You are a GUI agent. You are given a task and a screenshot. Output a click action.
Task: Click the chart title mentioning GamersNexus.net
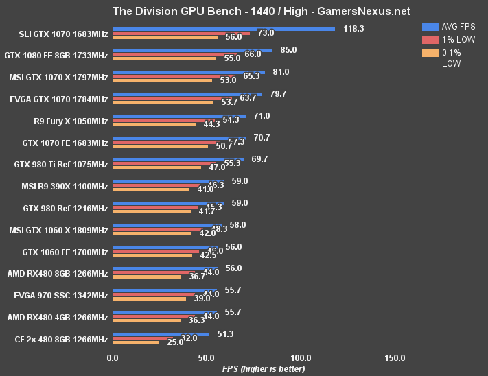click(x=244, y=10)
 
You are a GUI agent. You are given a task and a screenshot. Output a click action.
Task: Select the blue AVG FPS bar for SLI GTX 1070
click(x=223, y=29)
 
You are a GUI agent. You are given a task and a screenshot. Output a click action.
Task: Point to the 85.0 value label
click(x=289, y=50)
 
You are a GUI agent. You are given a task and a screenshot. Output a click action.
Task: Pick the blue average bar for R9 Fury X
click(x=178, y=116)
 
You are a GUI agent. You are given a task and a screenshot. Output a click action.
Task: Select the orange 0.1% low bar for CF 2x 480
click(x=136, y=342)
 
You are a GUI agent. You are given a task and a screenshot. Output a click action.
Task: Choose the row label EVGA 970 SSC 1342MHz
click(x=61, y=296)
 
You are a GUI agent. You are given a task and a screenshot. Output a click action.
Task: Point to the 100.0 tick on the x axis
click(x=301, y=358)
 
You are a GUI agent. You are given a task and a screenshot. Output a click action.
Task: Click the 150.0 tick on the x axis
click(x=395, y=358)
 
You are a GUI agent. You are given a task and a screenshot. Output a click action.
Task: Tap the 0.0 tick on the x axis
click(x=113, y=358)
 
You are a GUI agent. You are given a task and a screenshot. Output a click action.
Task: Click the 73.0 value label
click(x=266, y=33)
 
